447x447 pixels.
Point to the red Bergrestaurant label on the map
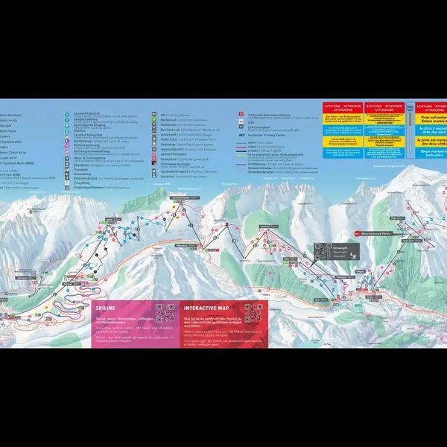point(381,233)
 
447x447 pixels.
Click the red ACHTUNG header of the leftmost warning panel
point(342,107)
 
